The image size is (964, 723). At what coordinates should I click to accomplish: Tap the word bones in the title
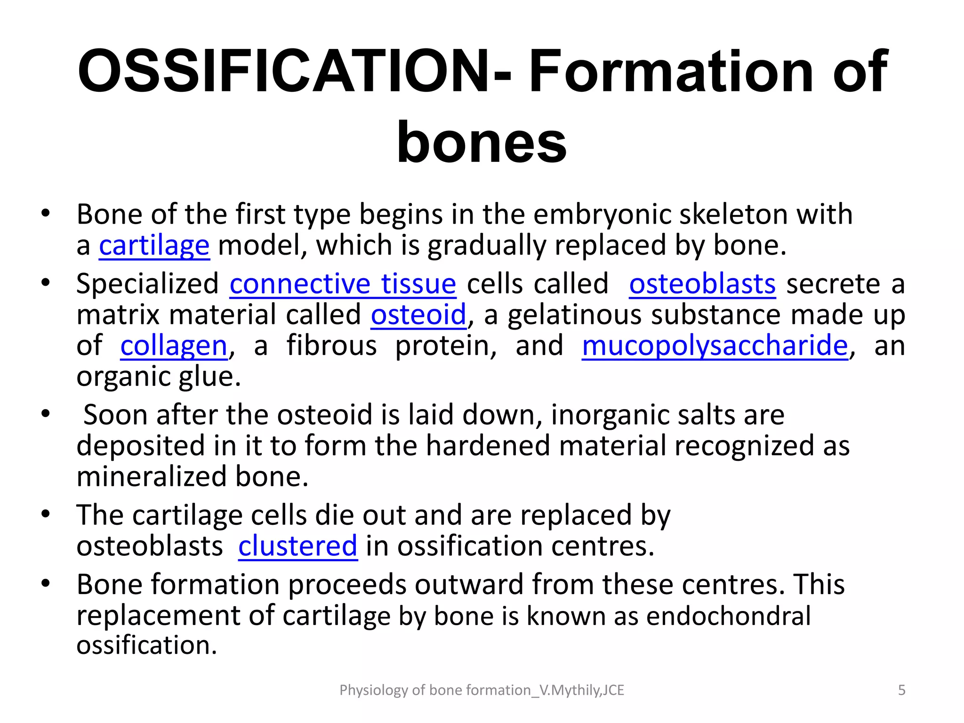482,142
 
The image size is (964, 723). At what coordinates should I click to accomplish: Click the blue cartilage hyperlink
154,246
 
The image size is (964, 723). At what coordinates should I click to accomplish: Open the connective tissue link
343,284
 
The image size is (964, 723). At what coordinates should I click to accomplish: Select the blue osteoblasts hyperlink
702,284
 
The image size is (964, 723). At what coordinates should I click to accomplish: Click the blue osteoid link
418,315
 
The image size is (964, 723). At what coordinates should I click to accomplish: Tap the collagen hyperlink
174,346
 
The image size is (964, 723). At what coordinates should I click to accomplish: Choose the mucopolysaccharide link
715,346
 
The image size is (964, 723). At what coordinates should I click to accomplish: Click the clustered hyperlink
297,546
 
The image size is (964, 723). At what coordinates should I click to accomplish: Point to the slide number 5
901,690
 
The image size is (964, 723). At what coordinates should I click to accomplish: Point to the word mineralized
152,477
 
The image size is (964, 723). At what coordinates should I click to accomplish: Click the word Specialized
147,284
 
